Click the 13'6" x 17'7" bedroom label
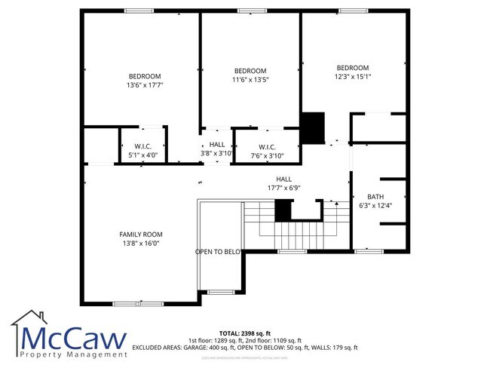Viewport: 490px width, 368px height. pyautogui.click(x=145, y=81)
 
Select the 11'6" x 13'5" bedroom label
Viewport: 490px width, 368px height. pyautogui.click(x=250, y=75)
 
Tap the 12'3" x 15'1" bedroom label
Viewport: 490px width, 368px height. pyautogui.click(x=352, y=72)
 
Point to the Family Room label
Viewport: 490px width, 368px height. pyautogui.click(x=141, y=238)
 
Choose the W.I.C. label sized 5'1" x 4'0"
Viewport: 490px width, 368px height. pyautogui.click(x=144, y=151)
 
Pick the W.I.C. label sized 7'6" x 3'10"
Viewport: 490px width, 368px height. pyautogui.click(x=267, y=151)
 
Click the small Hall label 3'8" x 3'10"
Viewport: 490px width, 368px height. pyautogui.click(x=217, y=149)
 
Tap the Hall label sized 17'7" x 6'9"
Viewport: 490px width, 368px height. pyautogui.click(x=283, y=183)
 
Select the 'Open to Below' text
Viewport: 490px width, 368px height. pyautogui.click(x=218, y=252)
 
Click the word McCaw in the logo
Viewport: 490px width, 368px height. pyautogui.click(x=74, y=337)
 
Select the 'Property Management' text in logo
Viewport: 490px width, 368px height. pyautogui.click(x=74, y=354)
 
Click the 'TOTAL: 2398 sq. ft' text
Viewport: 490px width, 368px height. pyautogui.click(x=244, y=333)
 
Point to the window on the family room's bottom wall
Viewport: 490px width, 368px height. pyautogui.click(x=128, y=303)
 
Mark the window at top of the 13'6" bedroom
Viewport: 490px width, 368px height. pyautogui.click(x=139, y=11)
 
